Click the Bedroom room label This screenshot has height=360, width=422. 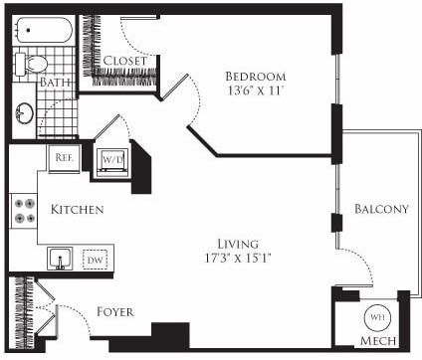pyautogui.click(x=255, y=77)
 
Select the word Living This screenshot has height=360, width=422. pyautogui.click(x=238, y=244)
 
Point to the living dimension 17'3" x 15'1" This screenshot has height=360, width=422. pyautogui.click(x=238, y=260)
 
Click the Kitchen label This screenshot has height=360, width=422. pyautogui.click(x=77, y=211)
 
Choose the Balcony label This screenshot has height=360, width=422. pyautogui.click(x=381, y=209)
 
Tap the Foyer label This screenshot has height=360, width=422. pyautogui.click(x=115, y=310)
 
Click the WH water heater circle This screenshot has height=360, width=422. pyautogui.click(x=376, y=317)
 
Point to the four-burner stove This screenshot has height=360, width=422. pyautogui.click(x=24, y=211)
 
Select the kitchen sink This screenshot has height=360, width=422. pyautogui.click(x=60, y=260)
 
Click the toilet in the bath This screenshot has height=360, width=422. pyautogui.click(x=34, y=63)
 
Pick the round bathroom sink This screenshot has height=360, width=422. pyautogui.click(x=24, y=113)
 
